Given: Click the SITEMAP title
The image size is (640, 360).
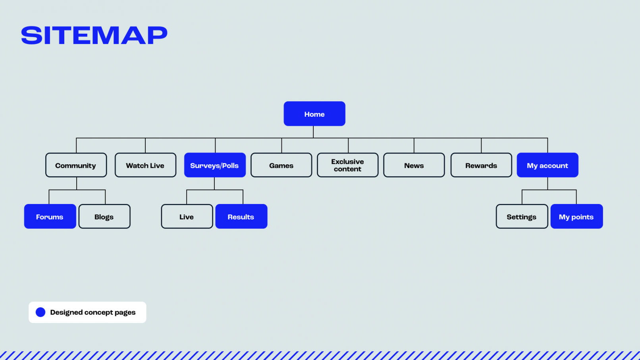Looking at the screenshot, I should pyautogui.click(x=94, y=35).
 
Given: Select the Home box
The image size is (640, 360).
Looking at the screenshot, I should pyautogui.click(x=314, y=114).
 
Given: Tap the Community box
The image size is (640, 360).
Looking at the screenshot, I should pyautogui.click(x=76, y=165).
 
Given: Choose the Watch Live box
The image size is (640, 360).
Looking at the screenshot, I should pyautogui.click(x=145, y=165).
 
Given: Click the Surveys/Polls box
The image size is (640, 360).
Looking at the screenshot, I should pyautogui.click(x=215, y=165).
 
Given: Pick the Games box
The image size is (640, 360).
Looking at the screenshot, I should pyautogui.click(x=281, y=165).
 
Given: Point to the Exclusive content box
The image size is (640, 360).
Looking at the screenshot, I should pyautogui.click(x=347, y=165).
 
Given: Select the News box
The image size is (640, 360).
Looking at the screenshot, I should pyautogui.click(x=414, y=165).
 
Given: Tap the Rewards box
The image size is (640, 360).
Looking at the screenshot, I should pyautogui.click(x=481, y=165).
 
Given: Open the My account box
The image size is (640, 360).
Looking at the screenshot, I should pyautogui.click(x=547, y=165).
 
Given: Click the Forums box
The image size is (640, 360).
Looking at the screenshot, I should pyautogui.click(x=50, y=216).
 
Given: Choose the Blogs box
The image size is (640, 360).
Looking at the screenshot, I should pyautogui.click(x=104, y=216).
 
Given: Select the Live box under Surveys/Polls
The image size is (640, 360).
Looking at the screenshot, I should pyautogui.click(x=187, y=216).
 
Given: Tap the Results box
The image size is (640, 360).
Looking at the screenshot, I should pyautogui.click(x=241, y=216).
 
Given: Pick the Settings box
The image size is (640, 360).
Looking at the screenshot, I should pyautogui.click(x=522, y=216).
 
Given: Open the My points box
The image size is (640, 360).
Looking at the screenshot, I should pyautogui.click(x=576, y=216).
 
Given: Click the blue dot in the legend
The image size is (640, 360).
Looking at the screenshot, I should pyautogui.click(x=40, y=312).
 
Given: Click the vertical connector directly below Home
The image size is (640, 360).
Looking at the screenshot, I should pyautogui.click(x=313, y=132).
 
